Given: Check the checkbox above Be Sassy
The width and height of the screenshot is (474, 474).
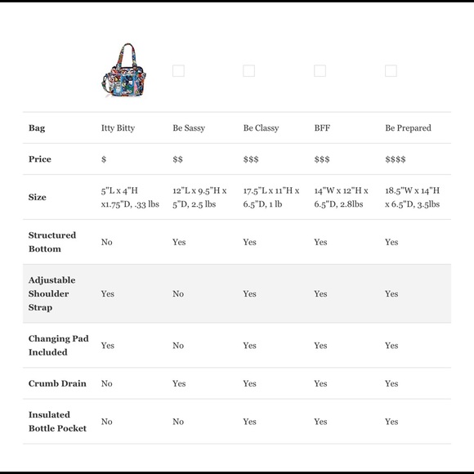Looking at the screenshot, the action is (x=178, y=71).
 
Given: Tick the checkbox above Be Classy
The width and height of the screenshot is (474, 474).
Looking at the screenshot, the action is (x=248, y=71).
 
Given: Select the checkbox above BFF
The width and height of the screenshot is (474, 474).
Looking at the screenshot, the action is (x=320, y=71).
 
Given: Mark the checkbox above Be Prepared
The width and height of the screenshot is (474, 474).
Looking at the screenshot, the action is (x=391, y=71).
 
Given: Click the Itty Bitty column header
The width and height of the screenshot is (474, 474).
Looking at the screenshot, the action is (x=118, y=128).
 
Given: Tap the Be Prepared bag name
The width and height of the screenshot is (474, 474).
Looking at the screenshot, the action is (x=408, y=128).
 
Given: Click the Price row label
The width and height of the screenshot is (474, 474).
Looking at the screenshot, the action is (x=40, y=159).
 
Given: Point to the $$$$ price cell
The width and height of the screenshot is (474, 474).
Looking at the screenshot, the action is (x=395, y=159).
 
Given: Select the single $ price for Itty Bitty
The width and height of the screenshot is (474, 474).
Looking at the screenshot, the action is (x=104, y=159).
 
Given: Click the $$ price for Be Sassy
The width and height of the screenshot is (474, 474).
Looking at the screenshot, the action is (x=177, y=159).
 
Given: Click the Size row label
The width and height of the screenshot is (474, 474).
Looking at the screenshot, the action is (x=38, y=197).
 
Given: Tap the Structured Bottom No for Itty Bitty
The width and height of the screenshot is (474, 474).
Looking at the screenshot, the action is (x=106, y=242).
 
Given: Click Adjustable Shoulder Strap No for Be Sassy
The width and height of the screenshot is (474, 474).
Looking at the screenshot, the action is (x=178, y=293).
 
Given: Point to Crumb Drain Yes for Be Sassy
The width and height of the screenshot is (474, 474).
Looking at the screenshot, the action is (x=179, y=383).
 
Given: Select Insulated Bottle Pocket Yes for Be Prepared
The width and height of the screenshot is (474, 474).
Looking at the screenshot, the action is (x=391, y=422).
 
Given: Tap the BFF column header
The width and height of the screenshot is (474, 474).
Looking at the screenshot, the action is (x=322, y=128).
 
